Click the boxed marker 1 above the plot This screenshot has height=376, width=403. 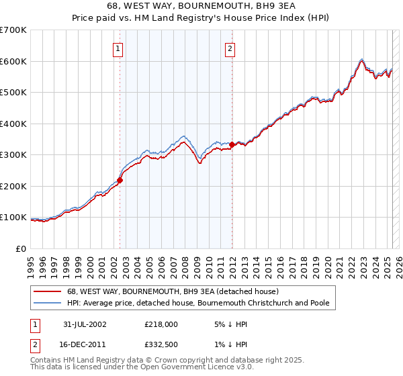tap(118, 48)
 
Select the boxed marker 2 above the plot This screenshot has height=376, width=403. tap(230, 48)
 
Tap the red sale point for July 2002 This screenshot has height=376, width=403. tap(120, 180)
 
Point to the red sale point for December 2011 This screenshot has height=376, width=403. tap(232, 144)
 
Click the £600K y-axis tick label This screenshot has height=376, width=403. tap(13, 61)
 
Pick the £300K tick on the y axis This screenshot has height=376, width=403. tap(13, 155)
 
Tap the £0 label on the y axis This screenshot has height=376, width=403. tap(21, 248)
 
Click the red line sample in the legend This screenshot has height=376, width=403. tap(48, 291)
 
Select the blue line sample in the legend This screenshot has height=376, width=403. tap(48, 303)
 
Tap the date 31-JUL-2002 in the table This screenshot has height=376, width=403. tap(85, 324)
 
